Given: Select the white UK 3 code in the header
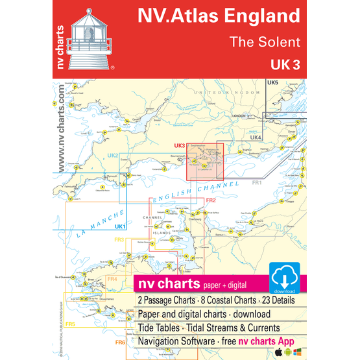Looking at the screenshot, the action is pyautogui.click(x=285, y=66).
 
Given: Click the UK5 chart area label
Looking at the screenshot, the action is pyautogui.click(x=272, y=84).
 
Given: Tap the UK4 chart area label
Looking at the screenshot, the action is pyautogui.click(x=256, y=138).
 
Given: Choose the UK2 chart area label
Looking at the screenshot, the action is pyautogui.click(x=112, y=156).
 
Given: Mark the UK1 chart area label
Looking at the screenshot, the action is pyautogui.click(x=118, y=226).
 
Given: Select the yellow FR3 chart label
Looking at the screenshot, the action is pyautogui.click(x=119, y=241).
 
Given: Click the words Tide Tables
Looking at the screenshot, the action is pyautogui.click(x=160, y=328).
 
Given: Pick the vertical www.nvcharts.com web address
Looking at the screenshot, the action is pyautogui.click(x=60, y=130).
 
